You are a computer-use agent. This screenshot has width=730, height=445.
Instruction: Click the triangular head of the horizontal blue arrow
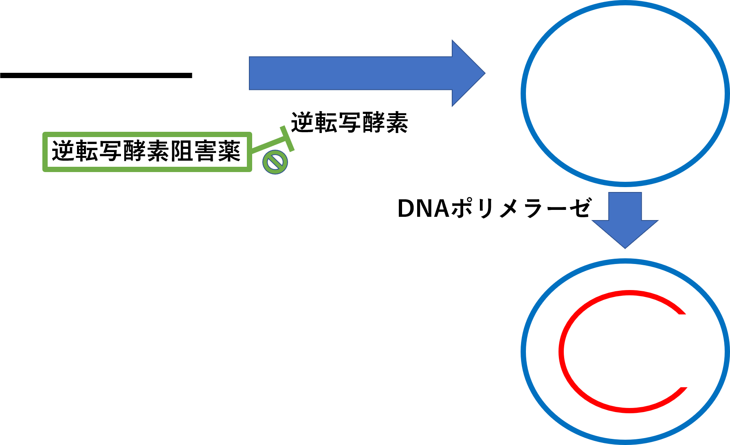[466, 73]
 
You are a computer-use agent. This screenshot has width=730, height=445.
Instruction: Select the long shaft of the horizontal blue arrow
[350, 73]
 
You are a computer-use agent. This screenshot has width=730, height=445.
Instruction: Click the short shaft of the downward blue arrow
[625, 206]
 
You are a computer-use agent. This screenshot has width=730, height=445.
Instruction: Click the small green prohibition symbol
[275, 162]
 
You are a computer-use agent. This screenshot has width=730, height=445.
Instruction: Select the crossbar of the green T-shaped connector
[287, 139]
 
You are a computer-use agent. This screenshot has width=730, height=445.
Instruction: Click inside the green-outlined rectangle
[147, 152]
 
